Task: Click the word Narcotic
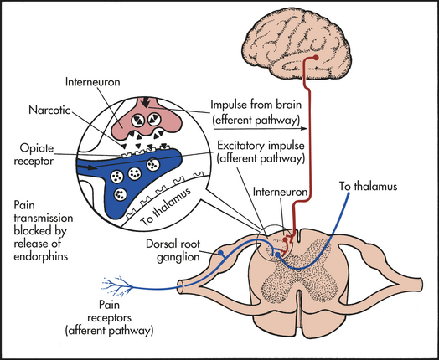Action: (49, 110)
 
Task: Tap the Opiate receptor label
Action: (34, 155)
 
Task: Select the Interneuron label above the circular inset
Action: (93, 82)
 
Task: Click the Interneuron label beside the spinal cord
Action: (280, 192)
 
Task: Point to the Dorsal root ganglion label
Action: (173, 250)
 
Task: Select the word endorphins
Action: (41, 256)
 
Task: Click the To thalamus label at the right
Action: (369, 187)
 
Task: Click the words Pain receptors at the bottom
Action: (109, 311)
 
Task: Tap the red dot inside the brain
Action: (316, 58)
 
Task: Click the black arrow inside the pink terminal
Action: (145, 102)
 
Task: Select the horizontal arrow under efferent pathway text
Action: (261, 129)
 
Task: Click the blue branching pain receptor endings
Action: (117, 285)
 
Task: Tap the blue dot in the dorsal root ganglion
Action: (220, 253)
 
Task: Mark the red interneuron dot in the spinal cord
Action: (285, 239)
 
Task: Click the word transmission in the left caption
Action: (44, 218)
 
